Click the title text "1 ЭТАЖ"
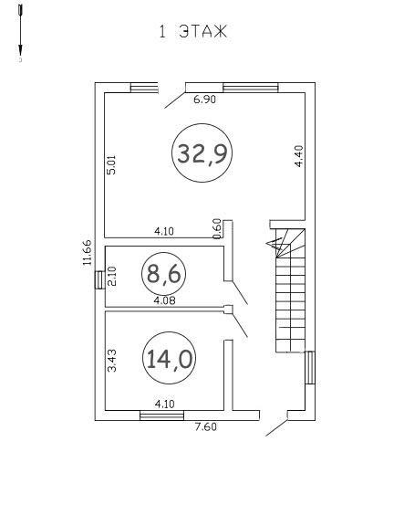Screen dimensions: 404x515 coord(193,32)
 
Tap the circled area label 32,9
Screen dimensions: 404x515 coord(202,153)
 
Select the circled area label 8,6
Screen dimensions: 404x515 coord(163,274)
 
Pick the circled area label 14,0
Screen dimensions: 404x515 coord(170,358)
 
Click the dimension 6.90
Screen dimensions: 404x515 coord(205,100)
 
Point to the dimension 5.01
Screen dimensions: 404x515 coord(111,165)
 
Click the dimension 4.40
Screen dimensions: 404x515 coord(299,156)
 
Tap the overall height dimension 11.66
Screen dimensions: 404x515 coord(87,252)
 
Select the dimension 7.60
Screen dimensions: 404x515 coord(205,427)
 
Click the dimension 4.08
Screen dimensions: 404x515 coord(164,300)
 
